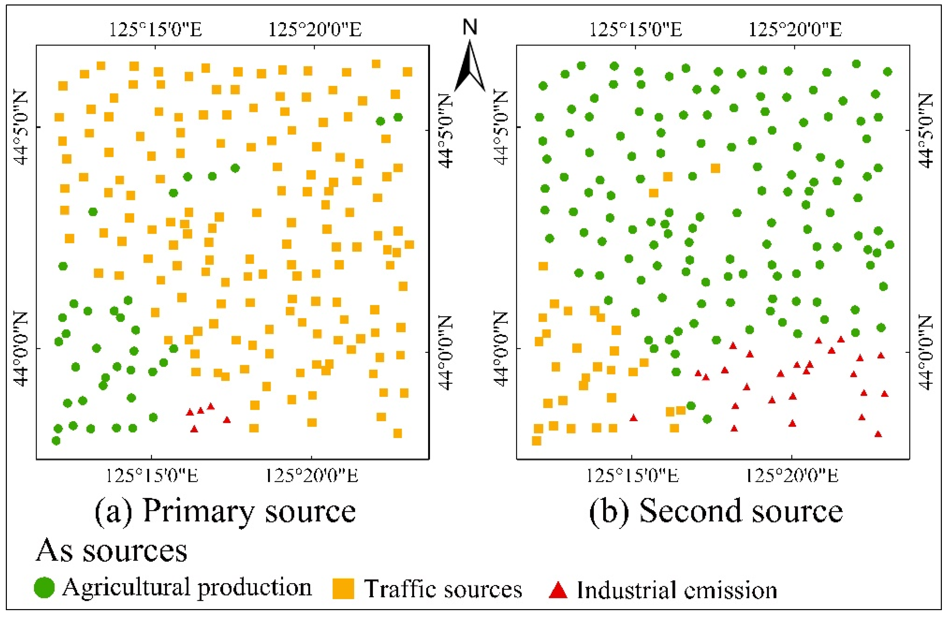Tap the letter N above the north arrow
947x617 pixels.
pos(470,27)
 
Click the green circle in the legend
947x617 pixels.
pos(44,587)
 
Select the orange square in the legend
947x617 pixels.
pos(343,589)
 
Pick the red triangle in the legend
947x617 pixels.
pos(558,589)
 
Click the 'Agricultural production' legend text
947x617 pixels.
pos(187,588)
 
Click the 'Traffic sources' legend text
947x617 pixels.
pos(443,589)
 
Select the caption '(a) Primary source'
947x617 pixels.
pos(225,512)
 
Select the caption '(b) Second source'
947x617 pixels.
pos(716,512)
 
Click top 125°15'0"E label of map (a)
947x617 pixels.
pos(155,30)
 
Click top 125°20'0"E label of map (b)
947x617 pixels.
pos(795,30)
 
